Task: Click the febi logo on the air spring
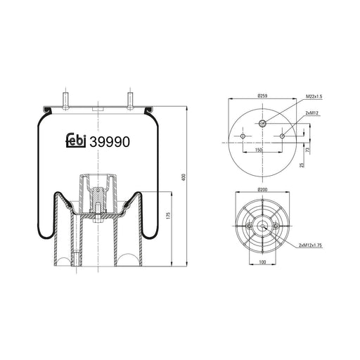click(75, 141)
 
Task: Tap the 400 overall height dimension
click(185, 179)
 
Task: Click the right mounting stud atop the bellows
click(130, 99)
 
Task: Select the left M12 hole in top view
click(240, 136)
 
